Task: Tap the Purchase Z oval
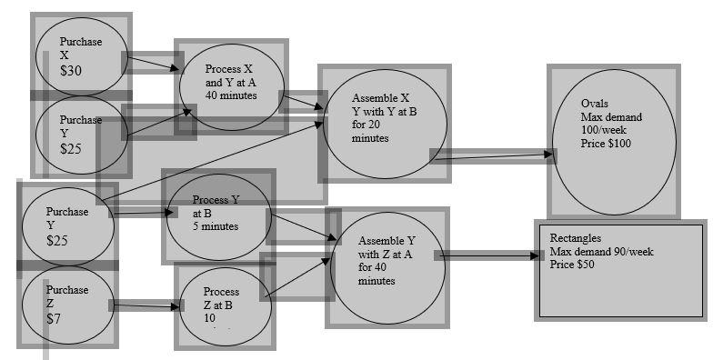pos(68,305)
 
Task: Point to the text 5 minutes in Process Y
pos(216,226)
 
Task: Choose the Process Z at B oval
pos(225,305)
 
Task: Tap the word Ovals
pos(595,103)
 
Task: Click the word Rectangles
pos(577,239)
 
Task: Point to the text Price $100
pos(606,144)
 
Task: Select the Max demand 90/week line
pos(602,252)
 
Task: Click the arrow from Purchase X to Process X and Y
pos(151,64)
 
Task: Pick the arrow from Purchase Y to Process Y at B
pos(143,215)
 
